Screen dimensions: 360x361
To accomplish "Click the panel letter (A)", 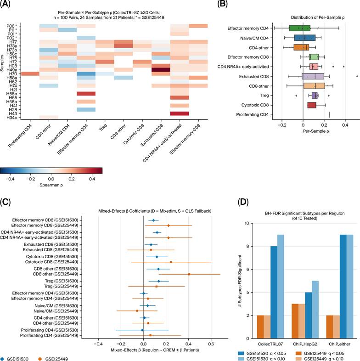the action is [x=5, y=4].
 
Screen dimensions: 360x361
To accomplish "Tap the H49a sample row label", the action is [x=13, y=70].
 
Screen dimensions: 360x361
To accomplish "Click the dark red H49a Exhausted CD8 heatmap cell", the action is [x=161, y=70].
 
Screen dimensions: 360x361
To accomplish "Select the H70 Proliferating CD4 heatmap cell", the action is [x=30, y=73].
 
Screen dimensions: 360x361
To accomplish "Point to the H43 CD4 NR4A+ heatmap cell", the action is [x=180, y=113].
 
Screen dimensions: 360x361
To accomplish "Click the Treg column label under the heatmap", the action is [x=103, y=127].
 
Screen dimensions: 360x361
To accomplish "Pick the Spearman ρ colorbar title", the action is [x=51, y=185].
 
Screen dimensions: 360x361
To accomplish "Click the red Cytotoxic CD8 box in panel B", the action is [x=312, y=105].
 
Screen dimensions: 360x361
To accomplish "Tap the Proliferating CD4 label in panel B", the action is [x=252, y=115].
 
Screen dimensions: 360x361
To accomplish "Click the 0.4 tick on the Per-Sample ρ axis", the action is [x=345, y=125].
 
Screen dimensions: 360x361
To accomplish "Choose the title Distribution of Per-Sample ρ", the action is [x=318, y=17].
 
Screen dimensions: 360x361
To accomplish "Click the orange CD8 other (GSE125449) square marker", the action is [x=189, y=274].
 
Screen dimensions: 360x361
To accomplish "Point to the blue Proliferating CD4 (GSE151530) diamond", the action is [x=142, y=330].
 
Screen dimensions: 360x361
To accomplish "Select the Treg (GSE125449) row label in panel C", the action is [x=61, y=287].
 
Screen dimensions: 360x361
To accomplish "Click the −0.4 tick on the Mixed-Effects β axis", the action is [x=98, y=344].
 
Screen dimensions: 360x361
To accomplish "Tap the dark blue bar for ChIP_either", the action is [x=343, y=287].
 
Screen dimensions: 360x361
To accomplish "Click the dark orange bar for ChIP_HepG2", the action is [x=295, y=321].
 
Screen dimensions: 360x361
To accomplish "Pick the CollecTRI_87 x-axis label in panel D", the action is [x=270, y=344].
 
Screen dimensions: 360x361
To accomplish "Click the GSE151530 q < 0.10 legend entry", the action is [x=262, y=359].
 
